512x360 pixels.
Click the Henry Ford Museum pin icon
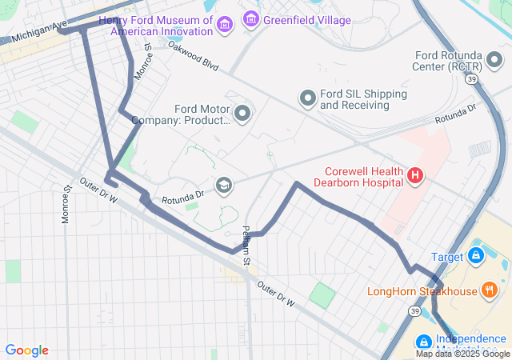[x=225, y=25]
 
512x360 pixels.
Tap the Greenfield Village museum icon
[x=251, y=18]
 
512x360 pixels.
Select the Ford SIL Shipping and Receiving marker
[x=308, y=98]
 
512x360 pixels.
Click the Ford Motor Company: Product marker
[x=242, y=114]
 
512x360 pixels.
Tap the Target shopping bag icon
[x=476, y=256]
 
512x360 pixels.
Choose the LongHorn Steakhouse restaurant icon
[x=490, y=291]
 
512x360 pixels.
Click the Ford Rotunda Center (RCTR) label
[x=458, y=61]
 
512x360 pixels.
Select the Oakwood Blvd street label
[x=192, y=56]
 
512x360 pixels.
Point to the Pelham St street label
[x=247, y=245]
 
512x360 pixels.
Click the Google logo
[x=26, y=350]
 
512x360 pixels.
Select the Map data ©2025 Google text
[x=462, y=354]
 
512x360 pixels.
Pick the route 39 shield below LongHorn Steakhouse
[x=414, y=310]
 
